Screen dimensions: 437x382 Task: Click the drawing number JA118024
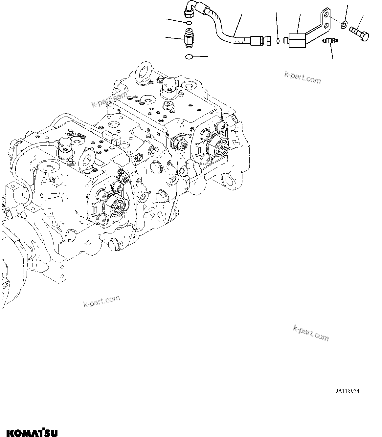click(348, 391)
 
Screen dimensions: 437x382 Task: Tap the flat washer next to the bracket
click(344, 24)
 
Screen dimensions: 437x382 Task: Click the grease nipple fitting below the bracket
click(329, 41)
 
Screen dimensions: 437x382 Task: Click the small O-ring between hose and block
click(278, 41)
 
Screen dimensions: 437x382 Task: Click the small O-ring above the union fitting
click(188, 23)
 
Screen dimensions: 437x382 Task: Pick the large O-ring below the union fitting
click(190, 57)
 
